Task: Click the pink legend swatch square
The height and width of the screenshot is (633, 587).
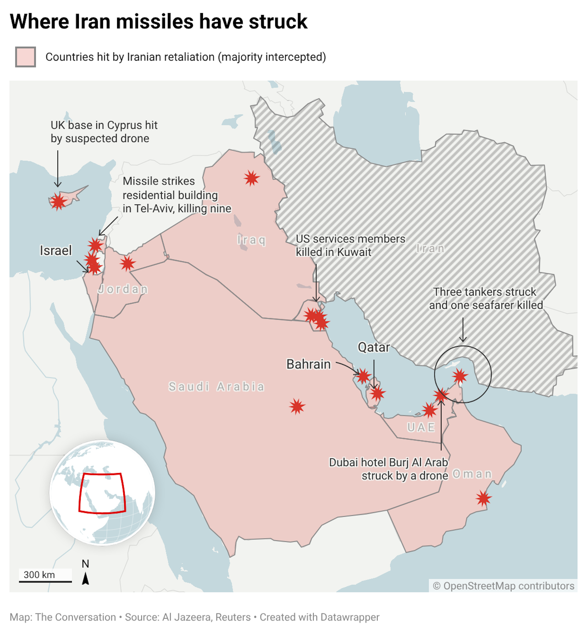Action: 25,57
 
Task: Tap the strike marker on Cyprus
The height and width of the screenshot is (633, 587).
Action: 58,201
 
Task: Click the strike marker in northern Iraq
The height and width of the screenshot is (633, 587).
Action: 252,178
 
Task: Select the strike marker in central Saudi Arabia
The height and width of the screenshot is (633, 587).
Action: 297,406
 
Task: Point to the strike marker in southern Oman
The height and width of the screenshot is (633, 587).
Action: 483,498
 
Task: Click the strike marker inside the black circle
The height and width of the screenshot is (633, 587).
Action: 460,376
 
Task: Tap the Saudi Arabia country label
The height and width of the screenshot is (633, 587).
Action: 216,387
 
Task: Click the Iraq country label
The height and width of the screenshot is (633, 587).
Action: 251,240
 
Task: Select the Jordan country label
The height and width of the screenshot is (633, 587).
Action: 123,289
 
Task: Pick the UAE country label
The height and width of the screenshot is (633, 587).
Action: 421,427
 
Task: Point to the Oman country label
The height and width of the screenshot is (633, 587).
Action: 472,474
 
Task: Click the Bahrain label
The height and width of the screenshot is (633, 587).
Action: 308,364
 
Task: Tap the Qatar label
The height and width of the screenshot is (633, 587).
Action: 374,347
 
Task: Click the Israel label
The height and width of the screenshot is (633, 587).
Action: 56,250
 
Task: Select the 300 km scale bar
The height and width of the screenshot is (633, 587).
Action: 46,582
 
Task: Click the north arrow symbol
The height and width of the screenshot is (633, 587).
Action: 85,578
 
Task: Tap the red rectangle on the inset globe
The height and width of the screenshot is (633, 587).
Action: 102,493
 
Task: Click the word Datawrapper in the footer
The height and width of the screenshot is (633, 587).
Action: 350,617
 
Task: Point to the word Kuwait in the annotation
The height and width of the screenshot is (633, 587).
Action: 354,252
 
